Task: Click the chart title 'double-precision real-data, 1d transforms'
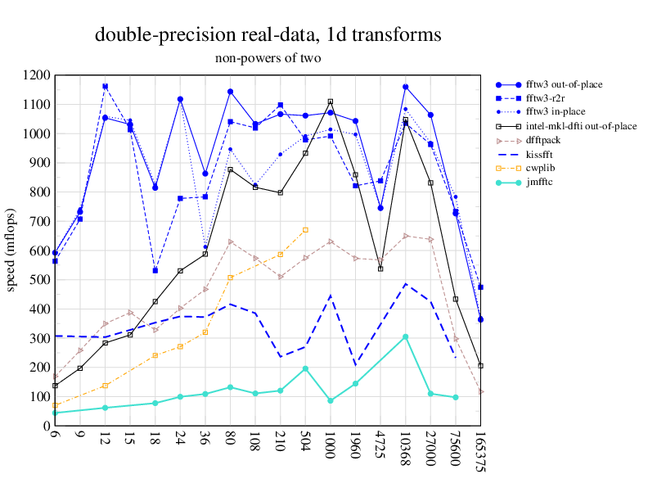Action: click(x=268, y=35)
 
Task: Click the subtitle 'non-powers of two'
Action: click(x=268, y=58)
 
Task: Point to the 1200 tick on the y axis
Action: click(x=37, y=75)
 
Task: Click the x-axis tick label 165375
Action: click(x=482, y=454)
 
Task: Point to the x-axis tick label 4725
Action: click(x=380, y=447)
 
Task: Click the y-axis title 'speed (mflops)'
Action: click(x=12, y=250)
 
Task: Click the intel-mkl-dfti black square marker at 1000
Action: click(x=331, y=102)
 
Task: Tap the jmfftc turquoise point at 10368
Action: click(x=405, y=336)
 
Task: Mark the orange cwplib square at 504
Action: click(x=305, y=230)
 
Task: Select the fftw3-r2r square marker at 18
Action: click(x=155, y=270)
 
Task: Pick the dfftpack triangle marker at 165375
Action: click(x=481, y=391)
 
